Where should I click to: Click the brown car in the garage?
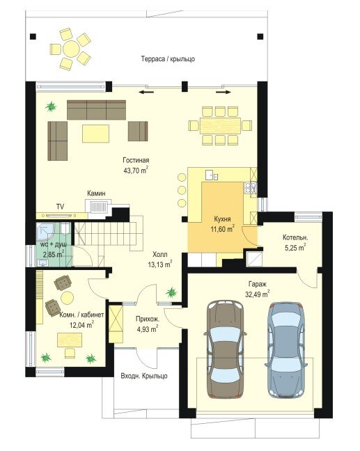[x=225, y=349]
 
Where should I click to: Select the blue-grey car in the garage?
[x=286, y=349]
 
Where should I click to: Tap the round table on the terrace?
[x=71, y=49]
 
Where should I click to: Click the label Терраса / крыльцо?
[x=168, y=59]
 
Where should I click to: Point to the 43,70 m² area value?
[x=136, y=171]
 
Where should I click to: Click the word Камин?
[x=96, y=193]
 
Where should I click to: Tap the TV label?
[x=60, y=207]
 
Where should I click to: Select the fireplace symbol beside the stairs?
[x=98, y=206]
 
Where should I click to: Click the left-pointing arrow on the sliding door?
[x=146, y=93]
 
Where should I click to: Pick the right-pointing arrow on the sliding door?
[x=224, y=93]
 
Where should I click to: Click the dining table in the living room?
[x=221, y=125]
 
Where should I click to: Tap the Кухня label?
[x=222, y=219]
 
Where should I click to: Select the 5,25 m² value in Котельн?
[x=295, y=248]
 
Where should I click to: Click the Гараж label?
[x=258, y=285]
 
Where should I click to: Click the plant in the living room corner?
[x=51, y=106]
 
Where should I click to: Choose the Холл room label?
[x=159, y=255]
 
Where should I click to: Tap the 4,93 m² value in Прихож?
[x=148, y=329]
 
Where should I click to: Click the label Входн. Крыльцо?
[x=144, y=376]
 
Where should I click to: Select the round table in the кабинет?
[x=67, y=298]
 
